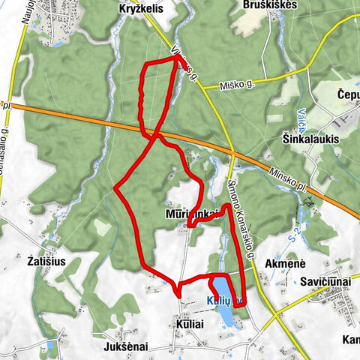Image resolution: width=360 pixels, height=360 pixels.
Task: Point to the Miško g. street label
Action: pos(237,85)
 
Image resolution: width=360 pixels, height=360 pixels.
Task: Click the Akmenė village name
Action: pos(285,263)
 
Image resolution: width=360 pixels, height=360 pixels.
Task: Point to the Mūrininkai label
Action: pos(190,214)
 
